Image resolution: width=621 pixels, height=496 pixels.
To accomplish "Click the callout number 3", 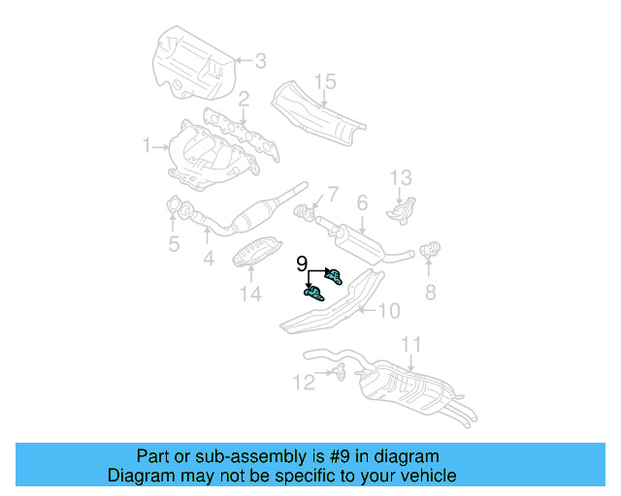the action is click(x=260, y=61).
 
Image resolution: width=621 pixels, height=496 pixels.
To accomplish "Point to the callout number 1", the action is click(x=147, y=146).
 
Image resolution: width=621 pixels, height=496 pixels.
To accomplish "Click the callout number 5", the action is click(x=174, y=243).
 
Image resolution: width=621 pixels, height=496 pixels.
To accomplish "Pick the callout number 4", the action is click(x=208, y=259).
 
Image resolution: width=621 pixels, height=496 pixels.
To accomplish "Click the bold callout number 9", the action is click(x=301, y=263).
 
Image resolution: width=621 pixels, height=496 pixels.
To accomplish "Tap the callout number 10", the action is click(x=388, y=311).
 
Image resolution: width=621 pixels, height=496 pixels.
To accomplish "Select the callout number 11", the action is click(x=411, y=344).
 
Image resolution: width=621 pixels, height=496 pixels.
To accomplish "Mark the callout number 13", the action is click(x=402, y=178).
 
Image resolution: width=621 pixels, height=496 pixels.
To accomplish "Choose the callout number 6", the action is click(x=361, y=203).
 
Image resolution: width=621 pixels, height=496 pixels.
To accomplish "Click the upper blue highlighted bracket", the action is click(x=333, y=276).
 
